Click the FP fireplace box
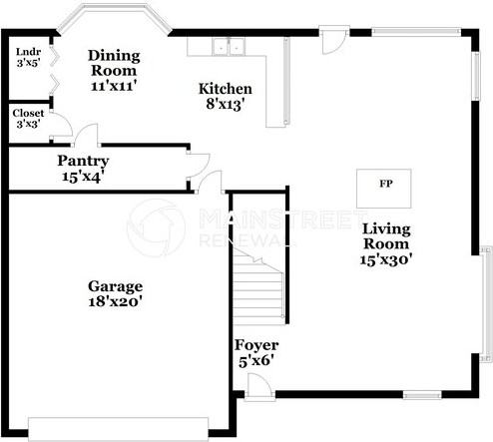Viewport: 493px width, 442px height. (x=384, y=189)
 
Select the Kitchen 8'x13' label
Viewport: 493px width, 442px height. (x=226, y=97)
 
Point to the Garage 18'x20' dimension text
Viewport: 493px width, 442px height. (x=116, y=301)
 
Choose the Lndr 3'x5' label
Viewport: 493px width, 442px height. (x=29, y=58)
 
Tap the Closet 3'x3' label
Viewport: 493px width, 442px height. (x=28, y=119)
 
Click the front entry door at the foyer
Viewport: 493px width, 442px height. (x=259, y=386)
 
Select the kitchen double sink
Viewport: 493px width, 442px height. (x=229, y=47)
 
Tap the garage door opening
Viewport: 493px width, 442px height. (x=119, y=429)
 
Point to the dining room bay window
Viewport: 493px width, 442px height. (x=114, y=18)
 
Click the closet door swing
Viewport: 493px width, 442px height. (x=62, y=125)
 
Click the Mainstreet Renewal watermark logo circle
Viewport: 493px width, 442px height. (x=156, y=228)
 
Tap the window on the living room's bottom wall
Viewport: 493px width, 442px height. (x=422, y=395)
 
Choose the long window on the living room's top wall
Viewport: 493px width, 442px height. (x=416, y=32)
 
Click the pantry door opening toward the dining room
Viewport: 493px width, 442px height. (x=87, y=136)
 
